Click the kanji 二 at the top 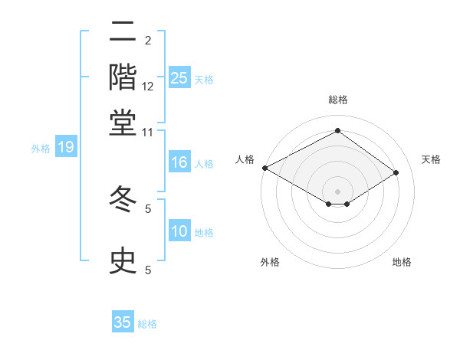[123, 33]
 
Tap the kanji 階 [123, 77]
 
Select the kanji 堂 [123, 122]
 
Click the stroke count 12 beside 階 [148, 86]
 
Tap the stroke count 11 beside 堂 [148, 132]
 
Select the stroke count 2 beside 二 [148, 41]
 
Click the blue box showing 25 [179, 77]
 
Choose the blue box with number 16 [179, 162]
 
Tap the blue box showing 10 [179, 232]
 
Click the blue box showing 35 [123, 322]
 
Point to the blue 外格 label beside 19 [41, 149]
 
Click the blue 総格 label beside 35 [147, 324]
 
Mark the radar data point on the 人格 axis [264, 168]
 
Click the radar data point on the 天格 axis [396, 173]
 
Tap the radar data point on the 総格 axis [337, 132]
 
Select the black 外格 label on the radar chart [269, 263]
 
